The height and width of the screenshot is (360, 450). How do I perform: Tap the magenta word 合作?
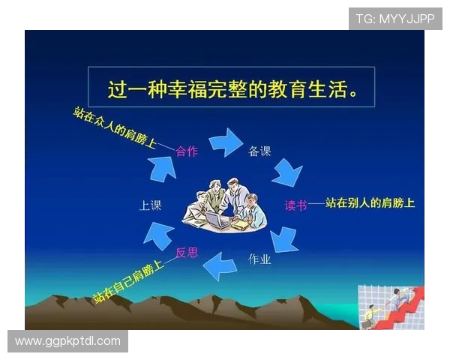pos(187,151)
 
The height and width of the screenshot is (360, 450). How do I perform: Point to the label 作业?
pos(259,259)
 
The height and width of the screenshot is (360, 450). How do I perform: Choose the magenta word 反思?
pos(187,252)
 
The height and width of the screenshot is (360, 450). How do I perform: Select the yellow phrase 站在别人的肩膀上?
pos(370,203)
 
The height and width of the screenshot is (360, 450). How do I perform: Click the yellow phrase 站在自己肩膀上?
pos(128,282)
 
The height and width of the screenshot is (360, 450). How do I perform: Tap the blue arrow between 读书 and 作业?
pos(284,238)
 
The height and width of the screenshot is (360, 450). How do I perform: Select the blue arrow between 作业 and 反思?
pos(223,265)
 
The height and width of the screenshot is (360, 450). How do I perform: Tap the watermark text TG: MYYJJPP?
pos(394,18)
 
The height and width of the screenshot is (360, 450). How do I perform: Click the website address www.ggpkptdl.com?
pos(67,341)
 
